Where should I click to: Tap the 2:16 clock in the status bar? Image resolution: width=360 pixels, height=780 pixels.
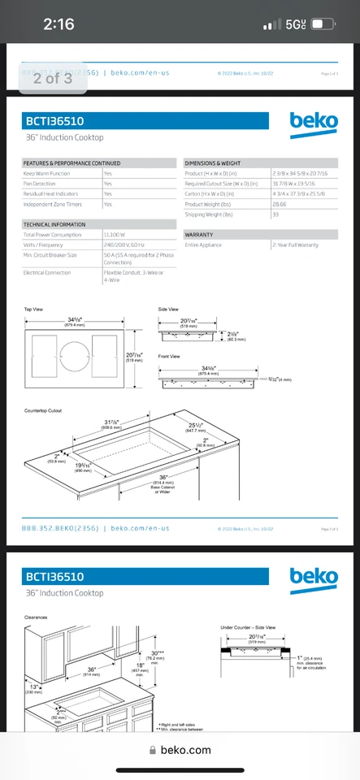[59, 24]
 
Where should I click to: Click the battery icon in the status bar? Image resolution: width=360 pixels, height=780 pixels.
[323, 24]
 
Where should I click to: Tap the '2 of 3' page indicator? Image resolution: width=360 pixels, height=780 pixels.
[53, 78]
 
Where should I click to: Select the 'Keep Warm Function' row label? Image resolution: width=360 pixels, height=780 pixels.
[47, 173]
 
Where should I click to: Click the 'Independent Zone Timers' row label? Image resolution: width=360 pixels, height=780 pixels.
[54, 204]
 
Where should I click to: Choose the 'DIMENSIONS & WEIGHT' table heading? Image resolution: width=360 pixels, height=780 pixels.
[213, 163]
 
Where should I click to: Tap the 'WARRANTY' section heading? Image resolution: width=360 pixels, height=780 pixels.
[199, 234]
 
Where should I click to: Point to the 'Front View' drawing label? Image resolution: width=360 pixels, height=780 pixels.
[169, 357]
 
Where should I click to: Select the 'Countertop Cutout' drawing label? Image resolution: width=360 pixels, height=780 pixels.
[43, 410]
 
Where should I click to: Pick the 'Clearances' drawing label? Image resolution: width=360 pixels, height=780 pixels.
[37, 617]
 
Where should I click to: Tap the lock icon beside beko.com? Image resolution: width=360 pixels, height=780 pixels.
[154, 752]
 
